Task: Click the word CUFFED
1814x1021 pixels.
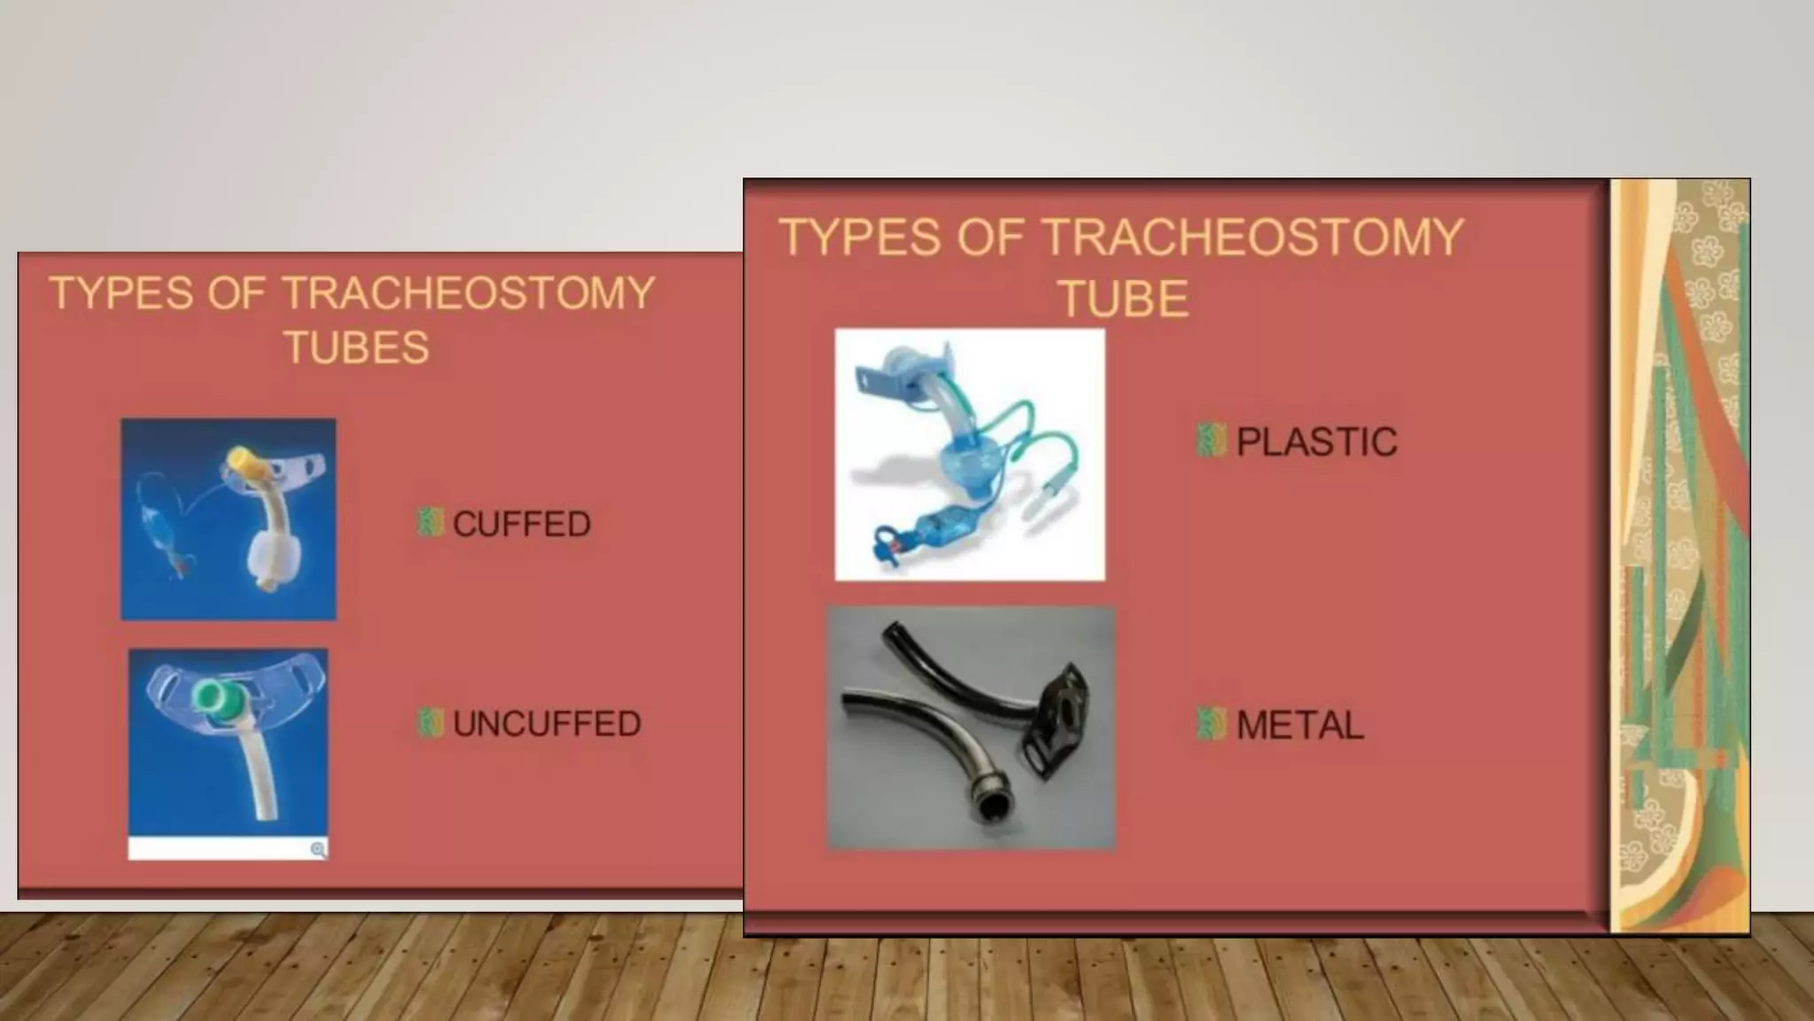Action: click(522, 524)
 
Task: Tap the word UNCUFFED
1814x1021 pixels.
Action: click(547, 724)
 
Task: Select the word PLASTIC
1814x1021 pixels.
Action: click(1316, 442)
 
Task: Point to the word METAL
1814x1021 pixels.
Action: click(1299, 726)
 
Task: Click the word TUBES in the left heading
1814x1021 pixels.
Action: click(356, 347)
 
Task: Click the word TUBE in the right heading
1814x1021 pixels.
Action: click(1123, 299)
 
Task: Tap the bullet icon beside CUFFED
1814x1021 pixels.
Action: click(430, 523)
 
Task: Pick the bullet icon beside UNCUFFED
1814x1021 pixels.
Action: click(430, 723)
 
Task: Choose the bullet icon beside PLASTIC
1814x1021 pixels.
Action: click(1211, 440)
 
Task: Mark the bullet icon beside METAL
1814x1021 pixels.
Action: click(1211, 724)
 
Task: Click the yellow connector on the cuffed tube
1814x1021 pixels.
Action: click(241, 462)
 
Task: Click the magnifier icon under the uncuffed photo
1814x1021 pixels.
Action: click(318, 850)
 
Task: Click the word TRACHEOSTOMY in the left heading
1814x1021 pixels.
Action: click(469, 293)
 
